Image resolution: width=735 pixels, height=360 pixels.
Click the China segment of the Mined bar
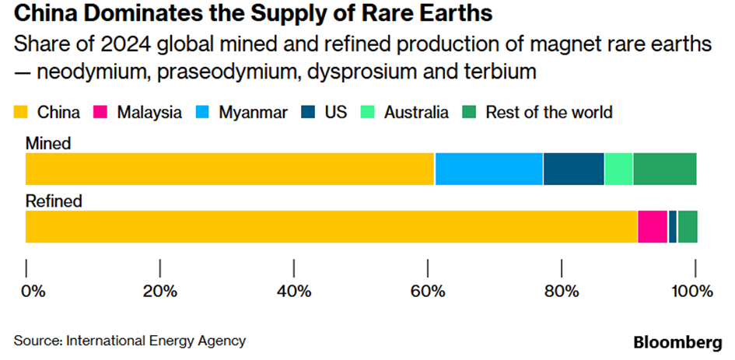(x=230, y=169)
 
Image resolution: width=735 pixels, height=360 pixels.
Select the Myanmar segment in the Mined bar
(x=488, y=169)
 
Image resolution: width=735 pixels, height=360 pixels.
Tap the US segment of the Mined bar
(x=573, y=169)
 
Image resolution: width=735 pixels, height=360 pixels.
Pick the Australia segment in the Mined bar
(x=618, y=169)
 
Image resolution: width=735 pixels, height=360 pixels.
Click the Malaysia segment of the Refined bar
(x=653, y=226)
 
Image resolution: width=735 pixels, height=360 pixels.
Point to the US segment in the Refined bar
(x=673, y=226)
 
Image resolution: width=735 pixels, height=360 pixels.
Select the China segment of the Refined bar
(x=331, y=226)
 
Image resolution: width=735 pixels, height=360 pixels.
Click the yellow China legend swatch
(x=21, y=112)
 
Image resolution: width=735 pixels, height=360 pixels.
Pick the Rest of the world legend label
(x=548, y=112)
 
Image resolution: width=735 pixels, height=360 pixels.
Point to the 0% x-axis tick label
(x=33, y=292)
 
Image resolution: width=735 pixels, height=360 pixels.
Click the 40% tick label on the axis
(x=294, y=292)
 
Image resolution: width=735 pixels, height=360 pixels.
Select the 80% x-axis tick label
(x=562, y=292)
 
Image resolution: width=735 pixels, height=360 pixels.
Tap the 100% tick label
(x=691, y=292)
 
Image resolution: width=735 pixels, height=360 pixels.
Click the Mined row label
(x=48, y=143)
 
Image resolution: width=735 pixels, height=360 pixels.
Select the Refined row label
(x=54, y=201)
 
